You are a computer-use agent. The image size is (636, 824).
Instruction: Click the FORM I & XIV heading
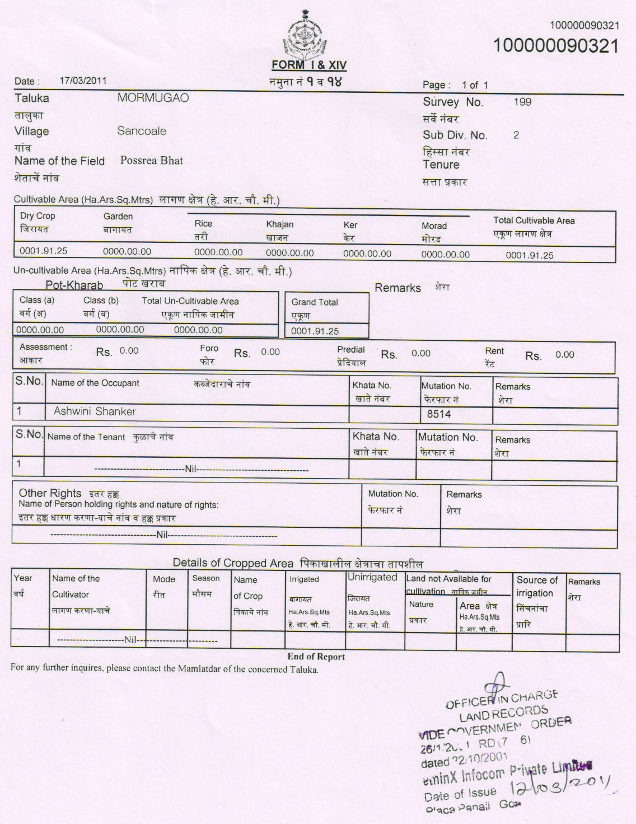click(309, 65)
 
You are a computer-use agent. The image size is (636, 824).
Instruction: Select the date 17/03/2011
click(83, 80)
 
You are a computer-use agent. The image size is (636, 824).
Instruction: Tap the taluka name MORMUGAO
click(153, 98)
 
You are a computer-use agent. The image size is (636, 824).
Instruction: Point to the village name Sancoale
click(142, 131)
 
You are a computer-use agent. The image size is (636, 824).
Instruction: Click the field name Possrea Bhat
click(152, 161)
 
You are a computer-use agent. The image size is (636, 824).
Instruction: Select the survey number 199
click(522, 102)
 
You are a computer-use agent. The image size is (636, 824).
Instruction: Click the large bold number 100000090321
click(556, 45)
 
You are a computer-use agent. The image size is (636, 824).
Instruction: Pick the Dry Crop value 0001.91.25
click(43, 251)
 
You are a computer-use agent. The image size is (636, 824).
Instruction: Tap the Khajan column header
click(280, 224)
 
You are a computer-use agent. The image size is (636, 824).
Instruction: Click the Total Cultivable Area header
click(534, 221)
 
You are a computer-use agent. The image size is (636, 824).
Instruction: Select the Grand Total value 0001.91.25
click(315, 331)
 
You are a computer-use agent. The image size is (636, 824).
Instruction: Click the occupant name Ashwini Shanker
click(95, 411)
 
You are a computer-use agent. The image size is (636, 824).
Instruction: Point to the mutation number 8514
click(439, 414)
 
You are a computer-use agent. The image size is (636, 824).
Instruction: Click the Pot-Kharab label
click(74, 285)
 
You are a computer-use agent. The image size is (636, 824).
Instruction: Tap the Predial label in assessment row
click(351, 349)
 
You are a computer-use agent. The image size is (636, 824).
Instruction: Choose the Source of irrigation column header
click(537, 587)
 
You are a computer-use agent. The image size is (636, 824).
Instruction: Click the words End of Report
click(316, 657)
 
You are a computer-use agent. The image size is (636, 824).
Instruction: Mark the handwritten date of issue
click(560, 782)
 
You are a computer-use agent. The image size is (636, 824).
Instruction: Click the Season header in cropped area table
click(205, 578)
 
